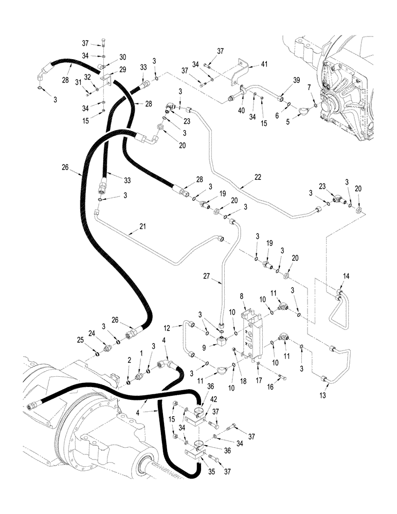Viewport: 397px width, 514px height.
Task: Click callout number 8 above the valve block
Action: [241, 296]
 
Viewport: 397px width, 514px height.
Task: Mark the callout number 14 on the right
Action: [345, 276]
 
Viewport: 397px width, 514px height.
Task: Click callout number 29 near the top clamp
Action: [122, 69]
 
